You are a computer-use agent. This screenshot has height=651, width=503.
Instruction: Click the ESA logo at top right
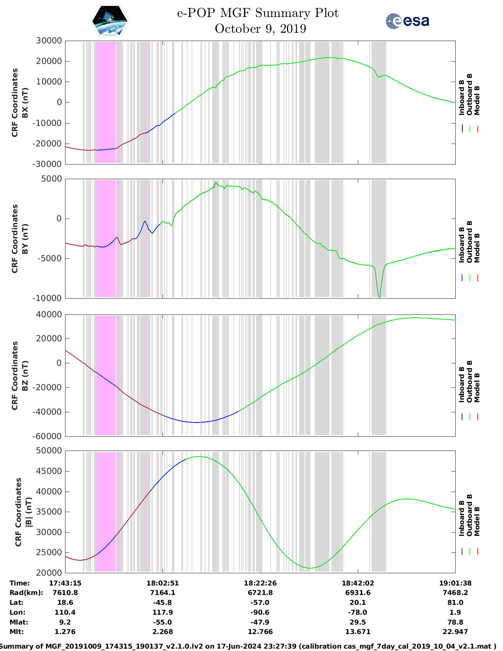tap(408, 21)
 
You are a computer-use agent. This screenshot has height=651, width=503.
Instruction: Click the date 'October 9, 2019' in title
tap(260, 29)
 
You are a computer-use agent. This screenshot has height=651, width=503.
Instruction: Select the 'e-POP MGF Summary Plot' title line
tap(258, 13)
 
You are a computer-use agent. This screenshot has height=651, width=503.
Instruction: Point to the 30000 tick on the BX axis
tap(49, 41)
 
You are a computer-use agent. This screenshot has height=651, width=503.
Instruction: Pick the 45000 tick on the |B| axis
tap(49, 471)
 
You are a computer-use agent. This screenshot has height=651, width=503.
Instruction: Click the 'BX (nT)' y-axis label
tap(25, 102)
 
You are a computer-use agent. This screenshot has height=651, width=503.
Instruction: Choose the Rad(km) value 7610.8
tap(65, 593)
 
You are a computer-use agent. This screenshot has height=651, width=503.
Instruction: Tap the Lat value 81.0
tap(455, 602)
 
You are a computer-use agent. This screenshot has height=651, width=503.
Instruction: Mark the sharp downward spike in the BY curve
tap(379, 295)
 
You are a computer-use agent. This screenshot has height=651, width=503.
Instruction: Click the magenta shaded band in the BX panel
tap(106, 102)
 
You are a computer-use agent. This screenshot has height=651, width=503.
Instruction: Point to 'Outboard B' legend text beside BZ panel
tap(469, 381)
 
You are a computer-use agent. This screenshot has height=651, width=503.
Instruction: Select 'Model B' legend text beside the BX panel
tap(477, 100)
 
